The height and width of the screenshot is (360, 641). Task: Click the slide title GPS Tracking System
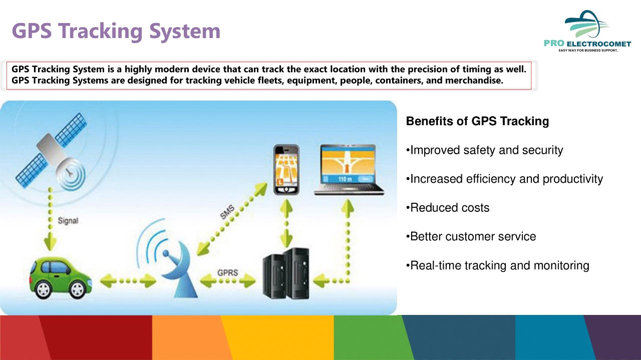[116, 31]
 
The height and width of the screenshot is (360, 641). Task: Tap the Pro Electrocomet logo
[587, 31]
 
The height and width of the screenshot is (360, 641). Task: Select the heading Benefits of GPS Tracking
[477, 121]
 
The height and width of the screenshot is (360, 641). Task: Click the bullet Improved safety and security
[484, 150]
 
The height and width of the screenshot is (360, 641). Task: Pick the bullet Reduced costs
[448, 208]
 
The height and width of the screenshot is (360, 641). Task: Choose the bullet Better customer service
[471, 237]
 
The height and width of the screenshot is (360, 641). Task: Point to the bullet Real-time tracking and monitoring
[498, 265]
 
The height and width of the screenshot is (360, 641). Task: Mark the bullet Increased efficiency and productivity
[504, 179]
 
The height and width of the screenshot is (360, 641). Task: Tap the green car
[61, 277]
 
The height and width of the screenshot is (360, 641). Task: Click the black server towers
[286, 273]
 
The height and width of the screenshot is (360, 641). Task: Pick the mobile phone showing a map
[286, 170]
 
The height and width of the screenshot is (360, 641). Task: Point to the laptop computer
[349, 170]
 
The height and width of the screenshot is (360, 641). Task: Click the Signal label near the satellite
[68, 221]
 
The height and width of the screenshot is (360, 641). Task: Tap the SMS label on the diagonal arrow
[227, 212]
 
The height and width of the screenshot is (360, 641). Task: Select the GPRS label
[227, 272]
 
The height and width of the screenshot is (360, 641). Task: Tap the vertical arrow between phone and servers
[286, 223]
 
